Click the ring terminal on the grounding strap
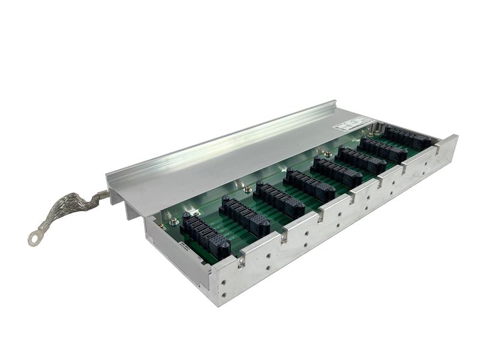click(35, 239)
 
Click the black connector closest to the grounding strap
click(205, 234)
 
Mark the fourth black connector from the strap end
click(309, 185)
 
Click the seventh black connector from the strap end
click(385, 149)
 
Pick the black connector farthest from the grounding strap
click(407, 138)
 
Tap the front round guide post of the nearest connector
click(223, 247)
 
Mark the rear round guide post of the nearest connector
click(187, 215)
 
